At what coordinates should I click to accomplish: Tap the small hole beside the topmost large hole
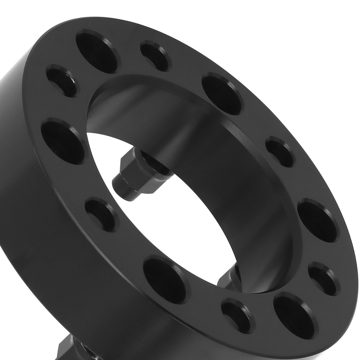click(156, 56)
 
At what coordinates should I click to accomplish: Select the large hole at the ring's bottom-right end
click(292, 311)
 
